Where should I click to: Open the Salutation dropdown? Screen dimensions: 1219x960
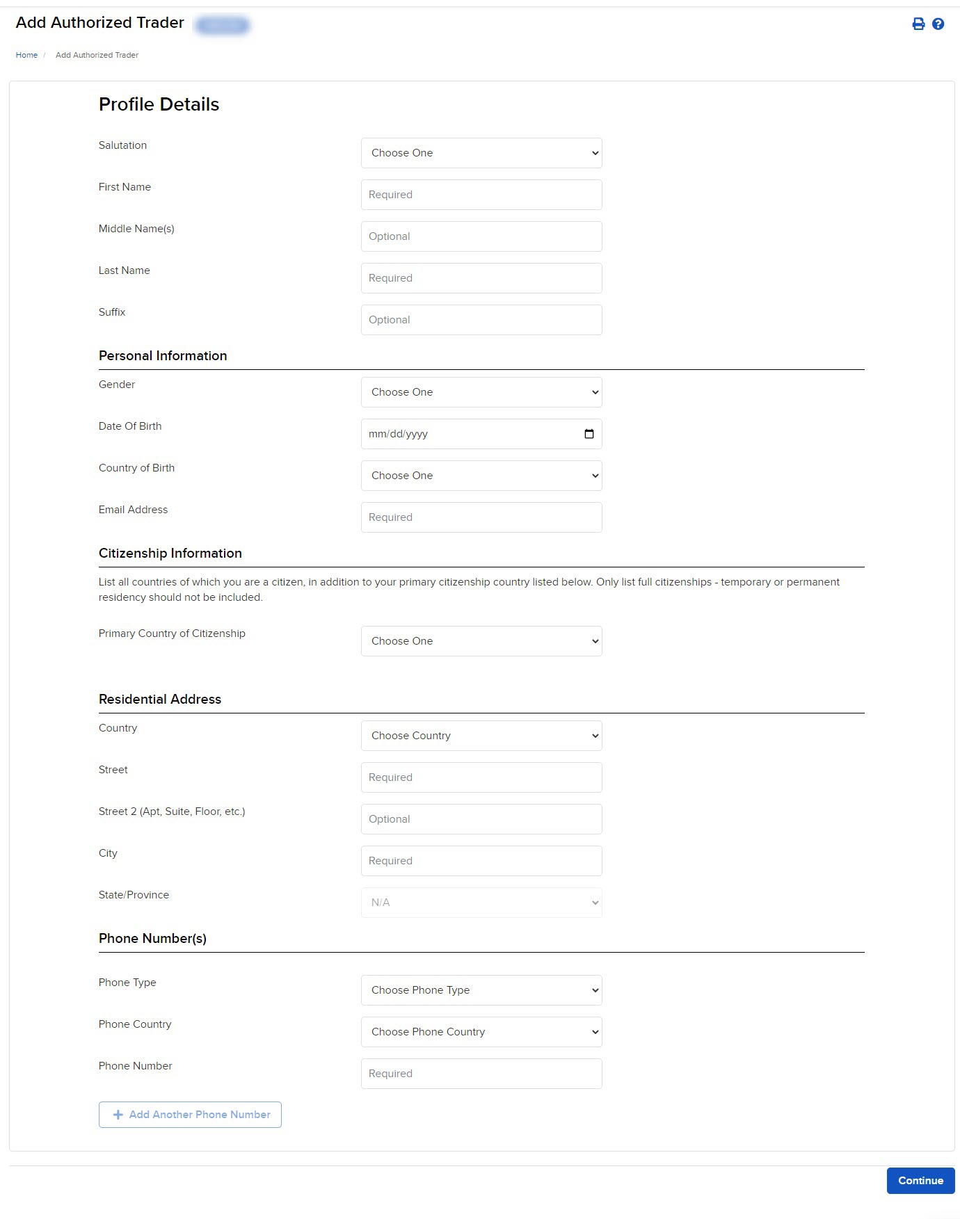tap(481, 153)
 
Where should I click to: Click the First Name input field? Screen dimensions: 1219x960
tap(481, 195)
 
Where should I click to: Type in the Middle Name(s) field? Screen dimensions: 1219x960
tap(481, 236)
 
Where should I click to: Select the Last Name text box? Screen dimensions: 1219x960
tap(481, 278)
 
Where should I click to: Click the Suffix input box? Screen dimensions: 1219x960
tap(481, 320)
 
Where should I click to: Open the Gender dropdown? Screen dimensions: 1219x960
tap(481, 392)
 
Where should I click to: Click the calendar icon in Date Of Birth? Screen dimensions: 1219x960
tap(589, 434)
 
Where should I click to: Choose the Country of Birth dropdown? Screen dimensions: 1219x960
tap(481, 476)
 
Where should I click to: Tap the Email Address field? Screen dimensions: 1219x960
tap(481, 517)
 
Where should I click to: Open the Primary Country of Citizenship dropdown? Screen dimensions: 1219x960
tap(481, 641)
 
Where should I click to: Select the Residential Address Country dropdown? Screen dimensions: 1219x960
tap(481, 736)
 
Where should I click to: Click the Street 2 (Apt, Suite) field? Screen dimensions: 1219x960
tap(481, 819)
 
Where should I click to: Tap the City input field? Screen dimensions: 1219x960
tap(481, 861)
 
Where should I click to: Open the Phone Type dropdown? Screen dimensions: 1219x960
tap(481, 990)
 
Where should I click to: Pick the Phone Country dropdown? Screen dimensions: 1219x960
tap(481, 1032)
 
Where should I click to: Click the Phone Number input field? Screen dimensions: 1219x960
tap(481, 1074)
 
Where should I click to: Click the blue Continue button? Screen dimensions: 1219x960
tap(920, 1181)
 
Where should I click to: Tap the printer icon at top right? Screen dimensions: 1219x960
tap(918, 24)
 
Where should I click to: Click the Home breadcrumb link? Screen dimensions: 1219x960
tap(26, 55)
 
